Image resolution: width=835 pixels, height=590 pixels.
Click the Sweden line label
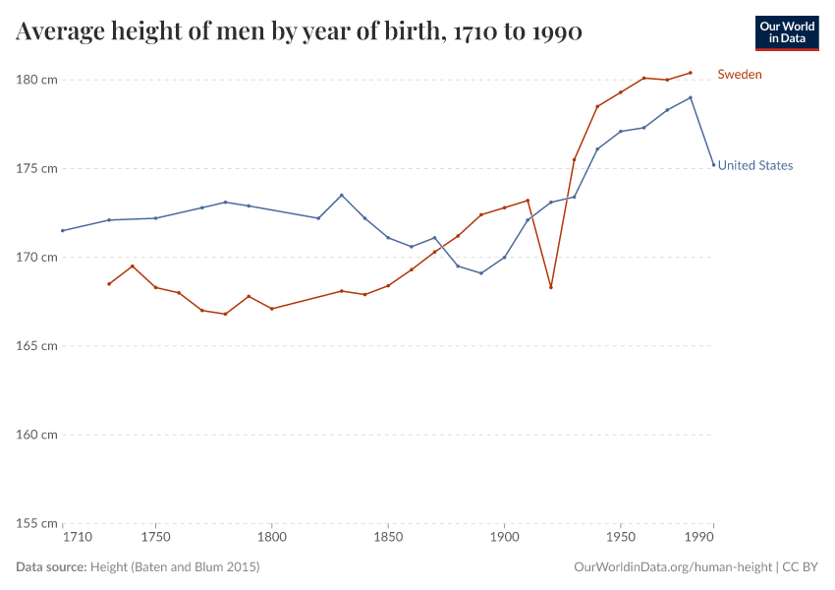click(x=739, y=74)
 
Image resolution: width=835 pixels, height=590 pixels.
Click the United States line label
click(x=754, y=165)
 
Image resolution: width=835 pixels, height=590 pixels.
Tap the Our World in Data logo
click(x=786, y=32)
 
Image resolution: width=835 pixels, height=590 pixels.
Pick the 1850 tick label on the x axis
click(x=388, y=538)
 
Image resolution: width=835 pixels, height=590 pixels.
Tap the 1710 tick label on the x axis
click(x=77, y=538)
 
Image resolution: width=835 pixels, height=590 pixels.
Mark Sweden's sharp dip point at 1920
click(x=551, y=287)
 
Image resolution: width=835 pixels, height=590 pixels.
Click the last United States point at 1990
click(x=713, y=164)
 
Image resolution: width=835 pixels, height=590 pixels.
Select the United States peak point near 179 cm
click(x=691, y=97)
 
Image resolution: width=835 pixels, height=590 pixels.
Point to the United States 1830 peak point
click(x=342, y=195)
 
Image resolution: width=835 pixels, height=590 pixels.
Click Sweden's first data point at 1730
click(x=109, y=284)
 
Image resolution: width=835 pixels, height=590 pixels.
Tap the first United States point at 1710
click(x=63, y=231)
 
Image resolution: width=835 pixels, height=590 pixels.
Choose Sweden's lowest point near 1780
click(x=225, y=314)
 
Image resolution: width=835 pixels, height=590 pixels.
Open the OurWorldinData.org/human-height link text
click(x=671, y=567)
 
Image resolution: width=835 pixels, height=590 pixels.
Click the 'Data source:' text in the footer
click(x=51, y=567)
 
